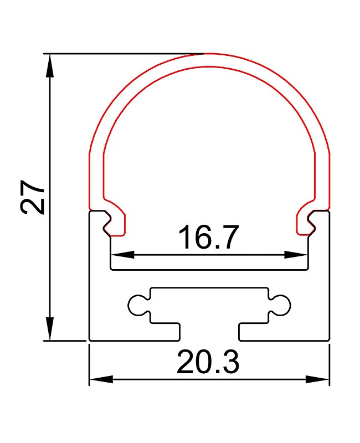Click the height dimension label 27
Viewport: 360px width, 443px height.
[x=33, y=197]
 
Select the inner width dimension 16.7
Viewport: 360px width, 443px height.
[x=209, y=237]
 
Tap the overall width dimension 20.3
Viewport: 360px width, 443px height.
[x=208, y=362]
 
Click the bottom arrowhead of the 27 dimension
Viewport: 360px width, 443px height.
[x=50, y=329]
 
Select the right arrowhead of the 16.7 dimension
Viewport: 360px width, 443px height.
[x=296, y=255]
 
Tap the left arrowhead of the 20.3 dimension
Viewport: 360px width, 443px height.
[x=101, y=379]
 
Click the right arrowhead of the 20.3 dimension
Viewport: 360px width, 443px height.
[x=317, y=379]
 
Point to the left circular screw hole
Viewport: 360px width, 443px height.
[x=137, y=305]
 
